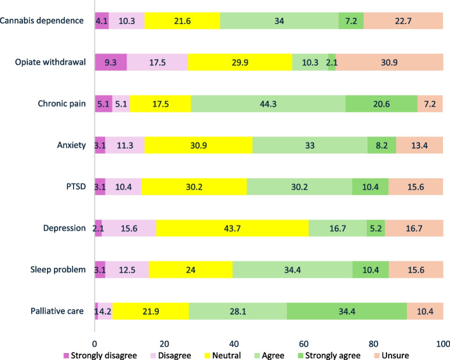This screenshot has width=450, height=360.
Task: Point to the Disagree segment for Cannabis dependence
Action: [x=126, y=21]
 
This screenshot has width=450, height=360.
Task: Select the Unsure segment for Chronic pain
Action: [x=430, y=103]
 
